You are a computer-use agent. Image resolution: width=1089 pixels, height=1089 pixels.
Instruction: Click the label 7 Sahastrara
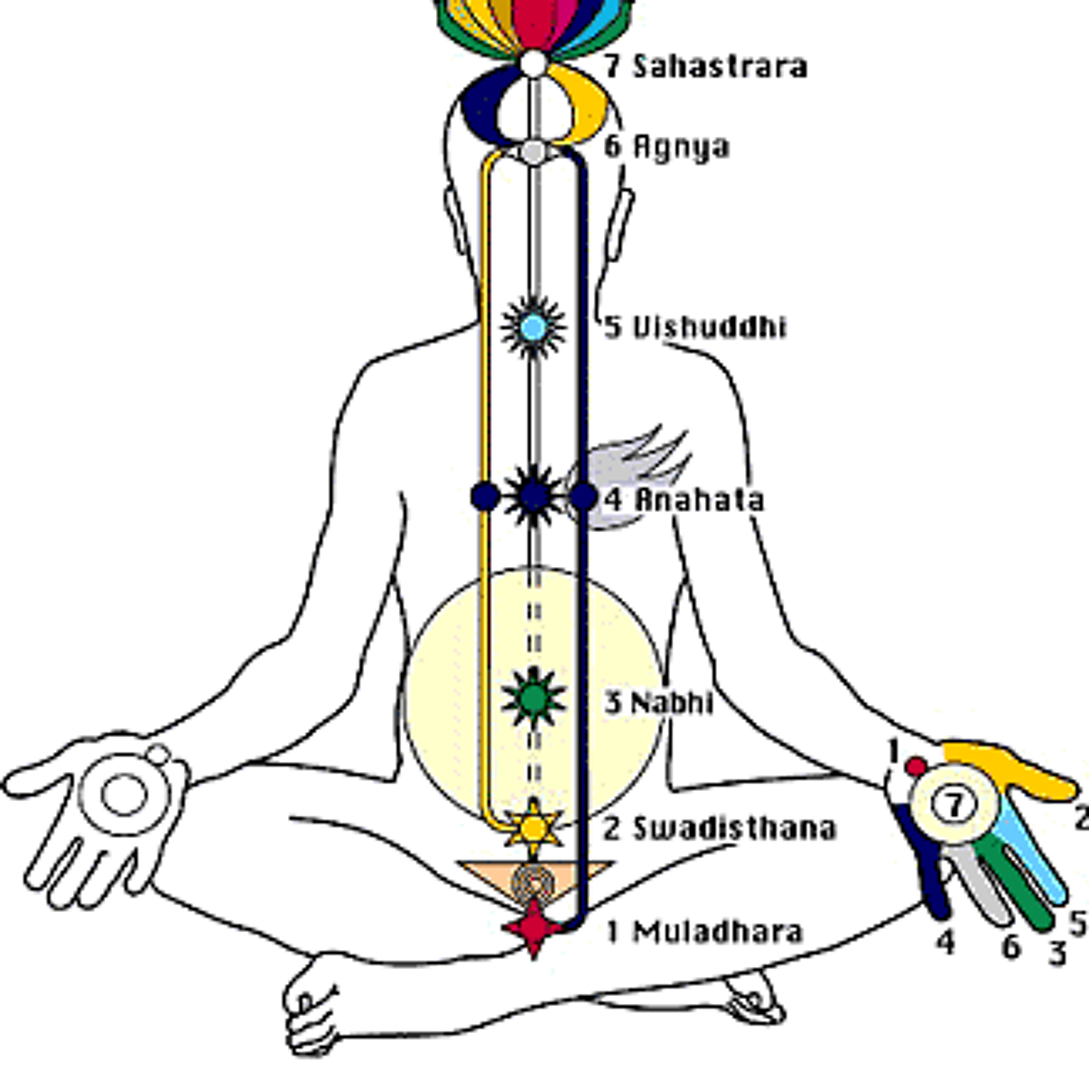pyautogui.click(x=706, y=66)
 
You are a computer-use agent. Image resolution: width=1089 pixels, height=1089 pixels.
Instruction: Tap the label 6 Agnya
pyautogui.click(x=667, y=147)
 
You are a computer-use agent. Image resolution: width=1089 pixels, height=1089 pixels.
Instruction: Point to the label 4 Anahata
pyautogui.click(x=684, y=500)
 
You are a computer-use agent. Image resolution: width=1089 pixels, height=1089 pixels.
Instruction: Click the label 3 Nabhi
pyautogui.click(x=659, y=703)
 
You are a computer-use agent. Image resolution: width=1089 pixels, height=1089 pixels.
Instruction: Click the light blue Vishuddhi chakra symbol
pyautogui.click(x=533, y=327)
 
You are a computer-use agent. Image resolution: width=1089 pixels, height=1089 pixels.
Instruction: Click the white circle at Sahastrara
pyautogui.click(x=533, y=63)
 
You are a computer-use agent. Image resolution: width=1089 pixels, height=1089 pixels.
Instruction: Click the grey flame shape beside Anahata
pyautogui.click(x=626, y=476)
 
